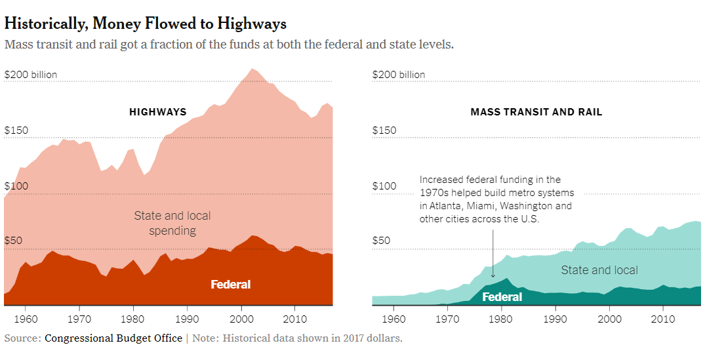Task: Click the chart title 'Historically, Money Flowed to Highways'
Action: pos(145,24)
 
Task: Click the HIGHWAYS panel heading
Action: pos(157,112)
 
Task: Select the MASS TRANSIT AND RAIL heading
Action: pos(536,112)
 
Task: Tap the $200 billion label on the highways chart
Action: pos(31,75)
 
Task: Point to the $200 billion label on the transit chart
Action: pos(399,75)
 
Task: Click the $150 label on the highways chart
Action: pos(16,130)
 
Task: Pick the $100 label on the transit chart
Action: pos(384,186)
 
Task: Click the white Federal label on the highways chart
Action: pos(230,285)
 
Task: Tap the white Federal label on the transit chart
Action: pos(502,297)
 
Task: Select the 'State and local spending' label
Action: pos(172,223)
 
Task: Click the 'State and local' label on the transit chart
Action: pos(599,270)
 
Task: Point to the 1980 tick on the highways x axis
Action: pos(133,319)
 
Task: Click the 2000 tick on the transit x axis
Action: pos(609,319)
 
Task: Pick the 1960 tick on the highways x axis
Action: pos(26,319)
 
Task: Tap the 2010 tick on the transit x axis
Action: pos(663,319)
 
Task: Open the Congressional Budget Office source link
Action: pos(113,338)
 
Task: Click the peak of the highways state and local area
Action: pos(252,68)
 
